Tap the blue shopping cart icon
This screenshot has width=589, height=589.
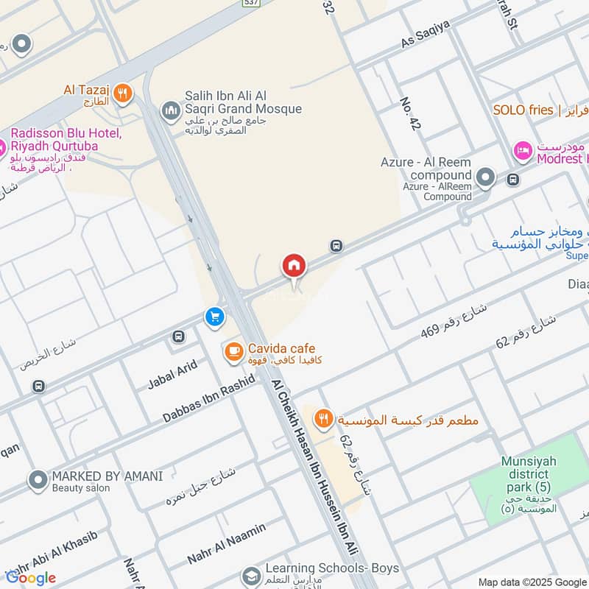point(215,317)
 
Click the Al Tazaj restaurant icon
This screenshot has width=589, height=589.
point(123,94)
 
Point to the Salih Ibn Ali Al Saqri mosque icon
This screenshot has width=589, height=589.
point(171,111)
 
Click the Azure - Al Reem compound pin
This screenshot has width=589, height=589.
point(485,177)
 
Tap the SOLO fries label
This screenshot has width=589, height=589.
point(523,110)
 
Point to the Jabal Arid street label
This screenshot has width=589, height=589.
point(172,373)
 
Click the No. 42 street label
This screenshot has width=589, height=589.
point(409,114)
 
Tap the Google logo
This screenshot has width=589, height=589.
point(31,577)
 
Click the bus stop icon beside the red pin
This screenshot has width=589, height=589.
point(336,246)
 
